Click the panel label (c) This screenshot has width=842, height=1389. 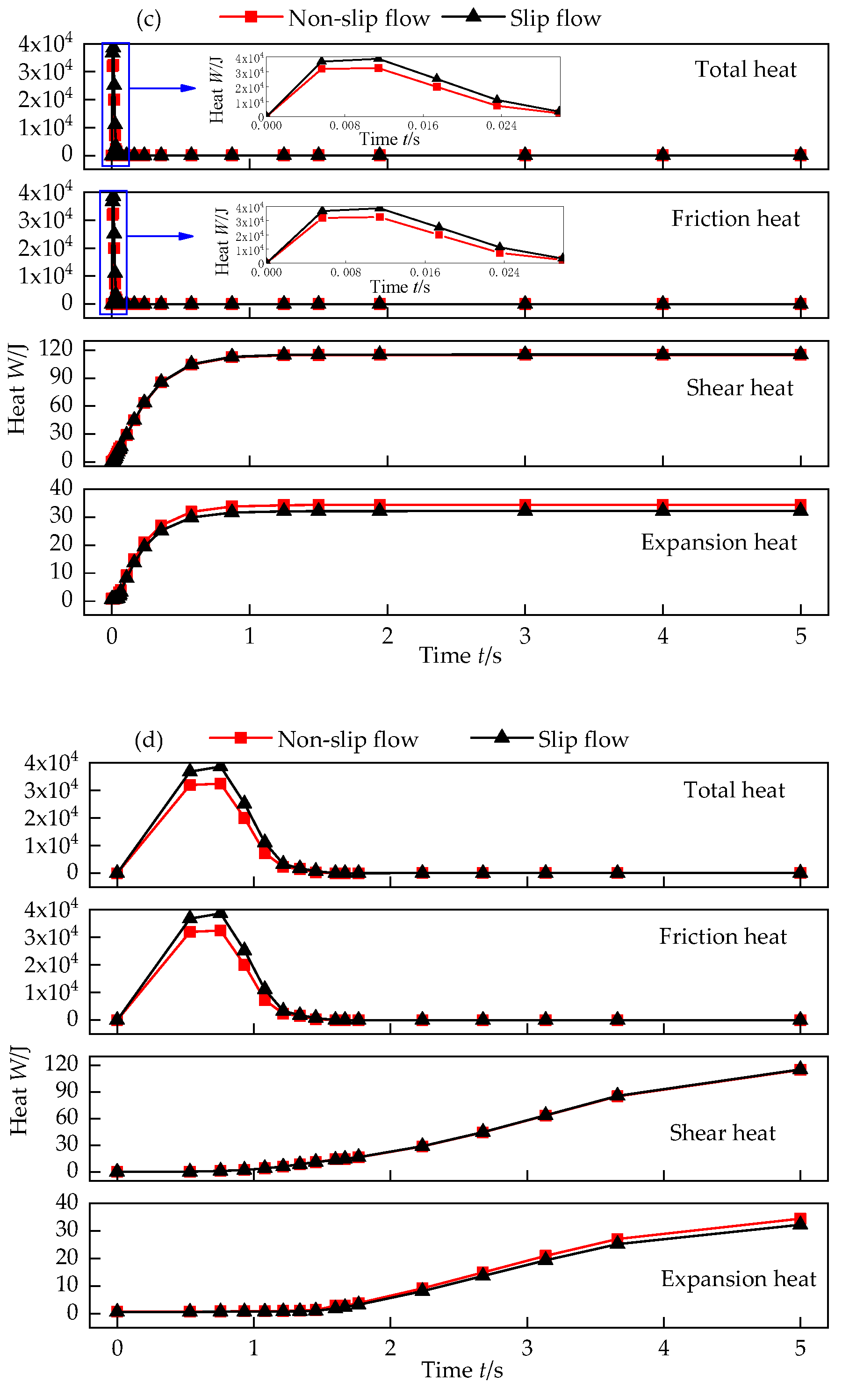[149, 19]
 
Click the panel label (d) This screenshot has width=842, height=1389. [149, 739]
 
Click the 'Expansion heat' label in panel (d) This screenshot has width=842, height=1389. [738, 1279]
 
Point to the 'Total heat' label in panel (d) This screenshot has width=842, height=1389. [734, 790]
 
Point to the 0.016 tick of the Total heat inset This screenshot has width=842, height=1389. [423, 125]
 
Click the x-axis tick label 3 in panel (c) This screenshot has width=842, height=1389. [525, 637]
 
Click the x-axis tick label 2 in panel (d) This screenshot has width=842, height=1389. [390, 1348]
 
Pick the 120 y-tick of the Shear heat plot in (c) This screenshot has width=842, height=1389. [56, 348]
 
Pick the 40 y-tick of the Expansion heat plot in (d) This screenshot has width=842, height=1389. [66, 1201]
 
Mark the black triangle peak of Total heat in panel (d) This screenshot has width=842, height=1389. [220, 766]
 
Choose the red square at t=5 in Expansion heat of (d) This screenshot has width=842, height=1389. [800, 1219]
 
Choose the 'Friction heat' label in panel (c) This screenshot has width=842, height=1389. [735, 219]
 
